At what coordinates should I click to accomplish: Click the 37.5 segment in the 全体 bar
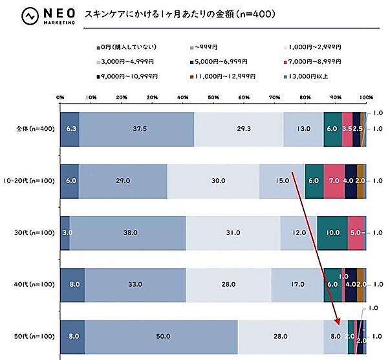(137, 129)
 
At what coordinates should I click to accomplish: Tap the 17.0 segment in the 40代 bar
(297, 284)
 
